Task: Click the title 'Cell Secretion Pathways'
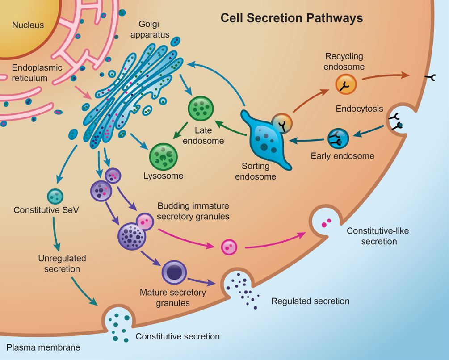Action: tap(292, 18)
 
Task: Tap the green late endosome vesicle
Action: tap(201, 109)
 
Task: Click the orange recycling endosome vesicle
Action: tap(346, 84)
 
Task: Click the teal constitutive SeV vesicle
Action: tap(55, 196)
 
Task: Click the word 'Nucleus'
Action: tap(28, 25)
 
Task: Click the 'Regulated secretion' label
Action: tap(310, 301)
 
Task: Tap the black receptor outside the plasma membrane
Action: tap(431, 78)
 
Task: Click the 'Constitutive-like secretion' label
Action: tap(372, 236)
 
